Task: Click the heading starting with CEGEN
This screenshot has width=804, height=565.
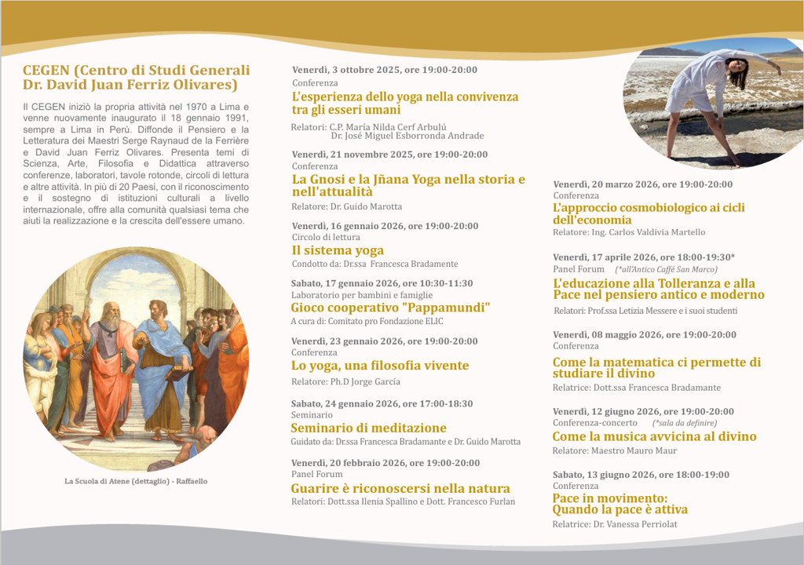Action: click(x=137, y=77)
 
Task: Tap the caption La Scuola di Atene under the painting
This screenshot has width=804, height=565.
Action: click(x=136, y=481)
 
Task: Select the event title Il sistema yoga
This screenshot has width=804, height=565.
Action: click(x=338, y=250)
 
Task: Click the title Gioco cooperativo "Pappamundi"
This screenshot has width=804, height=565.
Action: click(x=390, y=308)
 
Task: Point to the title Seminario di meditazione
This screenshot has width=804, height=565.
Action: click(x=368, y=428)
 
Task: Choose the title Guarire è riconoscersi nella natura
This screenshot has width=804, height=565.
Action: click(x=400, y=488)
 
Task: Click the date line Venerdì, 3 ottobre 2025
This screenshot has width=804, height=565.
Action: click(x=385, y=70)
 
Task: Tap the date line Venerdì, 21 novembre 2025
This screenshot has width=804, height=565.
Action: click(x=389, y=155)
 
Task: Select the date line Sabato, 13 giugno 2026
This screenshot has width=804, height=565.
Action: click(x=641, y=475)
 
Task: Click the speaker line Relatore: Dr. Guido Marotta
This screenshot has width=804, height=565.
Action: click(x=346, y=206)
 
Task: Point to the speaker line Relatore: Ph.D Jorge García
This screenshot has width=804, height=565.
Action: click(x=345, y=381)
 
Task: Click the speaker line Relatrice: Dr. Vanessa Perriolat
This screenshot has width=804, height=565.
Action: click(x=614, y=524)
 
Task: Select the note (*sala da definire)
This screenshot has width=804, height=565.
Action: click(x=684, y=423)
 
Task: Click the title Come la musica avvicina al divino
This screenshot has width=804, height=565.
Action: click(x=654, y=436)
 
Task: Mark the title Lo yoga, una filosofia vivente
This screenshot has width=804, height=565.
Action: click(x=380, y=366)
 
